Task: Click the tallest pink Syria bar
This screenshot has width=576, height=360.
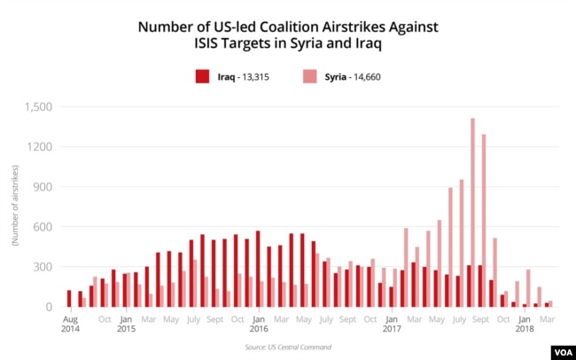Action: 472,213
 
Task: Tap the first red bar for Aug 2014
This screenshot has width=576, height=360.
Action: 69,298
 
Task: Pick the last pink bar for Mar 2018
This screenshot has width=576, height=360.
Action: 549,303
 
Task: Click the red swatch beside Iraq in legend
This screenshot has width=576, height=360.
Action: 202,77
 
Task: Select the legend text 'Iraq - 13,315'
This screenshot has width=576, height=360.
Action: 243,77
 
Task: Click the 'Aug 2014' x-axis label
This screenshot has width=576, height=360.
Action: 70,323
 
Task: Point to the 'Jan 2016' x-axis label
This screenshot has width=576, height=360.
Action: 258,323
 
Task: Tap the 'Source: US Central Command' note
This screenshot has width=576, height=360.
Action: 288,347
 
